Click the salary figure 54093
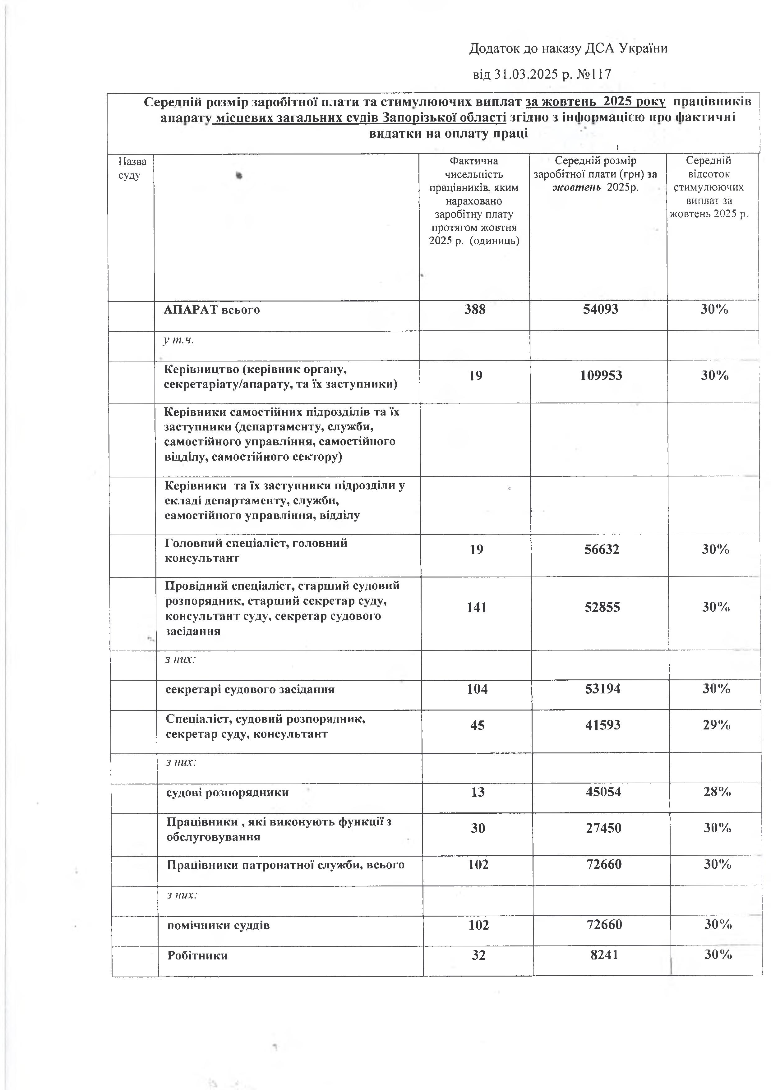pos(601,310)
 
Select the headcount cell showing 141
pos(477,607)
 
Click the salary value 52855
pos(602,607)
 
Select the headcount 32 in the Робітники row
pos(478,955)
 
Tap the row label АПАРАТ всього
pos(212,310)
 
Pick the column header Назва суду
pos(132,168)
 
